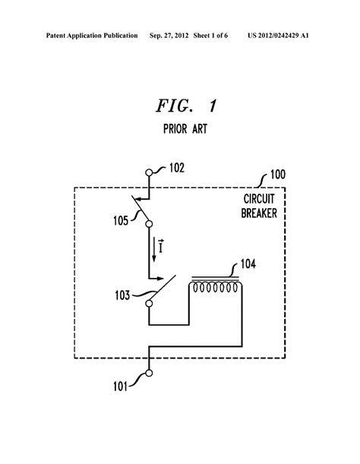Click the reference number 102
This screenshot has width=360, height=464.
coord(177,168)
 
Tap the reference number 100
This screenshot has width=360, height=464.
coord(278,175)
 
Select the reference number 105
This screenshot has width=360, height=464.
coord(121,220)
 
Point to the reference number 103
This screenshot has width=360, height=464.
coord(122,295)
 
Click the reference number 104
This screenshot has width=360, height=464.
coord(248,264)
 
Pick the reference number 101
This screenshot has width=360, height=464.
coord(120,387)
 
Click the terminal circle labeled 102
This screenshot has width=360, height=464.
coord(149,172)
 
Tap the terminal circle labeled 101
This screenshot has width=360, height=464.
coord(149,373)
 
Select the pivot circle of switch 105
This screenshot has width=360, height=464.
coord(149,224)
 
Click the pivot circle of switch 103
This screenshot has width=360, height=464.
coord(149,303)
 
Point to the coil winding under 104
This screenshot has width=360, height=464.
coord(216,288)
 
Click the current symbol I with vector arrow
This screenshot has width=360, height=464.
coord(161,246)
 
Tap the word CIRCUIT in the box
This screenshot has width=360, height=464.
coord(259,199)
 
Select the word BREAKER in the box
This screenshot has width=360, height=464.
coord(259,213)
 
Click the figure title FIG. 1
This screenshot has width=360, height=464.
coord(187,106)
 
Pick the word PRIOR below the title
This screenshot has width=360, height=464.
coord(175,129)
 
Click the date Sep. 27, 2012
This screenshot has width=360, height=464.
coord(169,36)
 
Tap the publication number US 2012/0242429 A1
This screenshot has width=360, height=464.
coord(278,36)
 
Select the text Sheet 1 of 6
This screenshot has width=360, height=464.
coord(210,36)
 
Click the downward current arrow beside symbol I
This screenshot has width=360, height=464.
coord(154,249)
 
